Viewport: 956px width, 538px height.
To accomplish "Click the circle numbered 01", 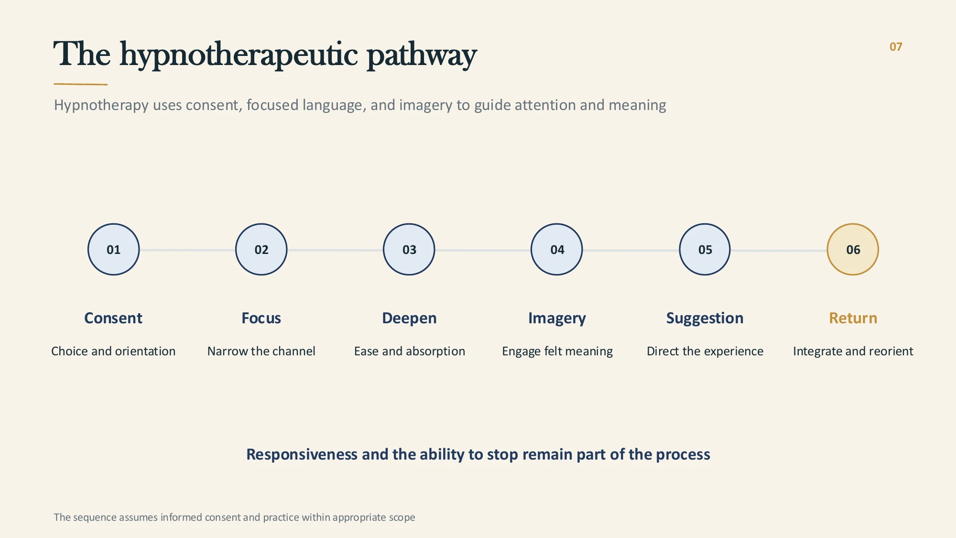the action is [114, 249].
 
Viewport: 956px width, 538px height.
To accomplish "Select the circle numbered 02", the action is [261, 249].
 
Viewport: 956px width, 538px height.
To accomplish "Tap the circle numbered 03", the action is [409, 249].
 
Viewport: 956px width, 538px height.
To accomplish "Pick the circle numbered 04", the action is [557, 249].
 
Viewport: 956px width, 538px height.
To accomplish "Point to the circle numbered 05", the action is [705, 249].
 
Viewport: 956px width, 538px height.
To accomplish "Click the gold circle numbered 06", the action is [853, 249].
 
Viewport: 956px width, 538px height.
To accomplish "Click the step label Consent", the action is [113, 318].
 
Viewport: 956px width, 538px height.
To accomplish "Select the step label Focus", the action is [261, 318].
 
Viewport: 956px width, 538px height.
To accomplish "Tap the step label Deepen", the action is [409, 318].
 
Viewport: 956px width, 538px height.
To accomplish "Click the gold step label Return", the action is [853, 318].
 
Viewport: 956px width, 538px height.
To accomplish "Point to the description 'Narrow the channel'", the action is [261, 351].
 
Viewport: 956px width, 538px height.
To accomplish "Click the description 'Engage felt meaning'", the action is [557, 351].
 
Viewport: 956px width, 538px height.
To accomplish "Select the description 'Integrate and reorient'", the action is [853, 351].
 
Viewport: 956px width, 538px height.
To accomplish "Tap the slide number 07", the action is [896, 47].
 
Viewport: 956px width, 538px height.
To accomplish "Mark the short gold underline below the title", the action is [80, 84].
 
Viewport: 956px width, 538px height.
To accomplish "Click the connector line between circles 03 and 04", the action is [483, 250].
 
